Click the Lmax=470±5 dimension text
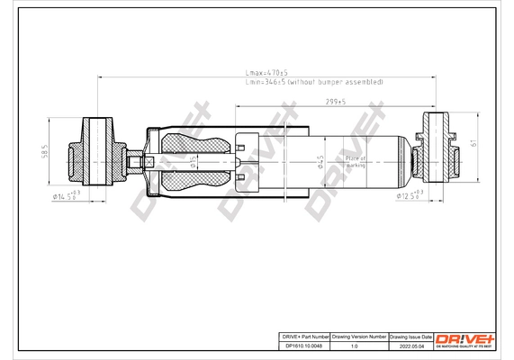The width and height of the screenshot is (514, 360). click(268, 72)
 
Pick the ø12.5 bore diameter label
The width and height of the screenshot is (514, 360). click(415, 194)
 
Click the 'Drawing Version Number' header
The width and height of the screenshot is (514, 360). click(360, 334)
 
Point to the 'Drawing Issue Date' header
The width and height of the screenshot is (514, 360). click(411, 334)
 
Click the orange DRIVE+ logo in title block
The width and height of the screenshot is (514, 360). click(466, 336)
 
